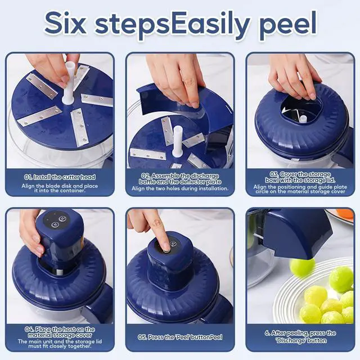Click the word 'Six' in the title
coord(65,24)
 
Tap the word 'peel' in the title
coord(288,26)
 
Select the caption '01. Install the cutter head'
coord(60,177)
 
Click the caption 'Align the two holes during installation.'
coord(180,188)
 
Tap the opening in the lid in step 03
coord(301,110)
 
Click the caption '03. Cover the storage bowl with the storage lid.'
coord(300,177)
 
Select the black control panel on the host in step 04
coord(57,220)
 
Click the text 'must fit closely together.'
coord(60,346)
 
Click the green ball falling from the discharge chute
coord(302,267)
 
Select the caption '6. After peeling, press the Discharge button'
coord(300,336)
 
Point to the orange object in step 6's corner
coord(345,214)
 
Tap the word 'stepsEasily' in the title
coord(172,26)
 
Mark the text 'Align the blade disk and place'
coord(60,186)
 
